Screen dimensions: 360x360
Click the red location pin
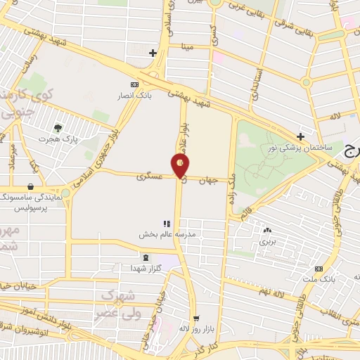click(181, 166)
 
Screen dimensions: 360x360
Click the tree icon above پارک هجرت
click(58, 127)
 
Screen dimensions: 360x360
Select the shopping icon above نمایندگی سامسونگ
click(31, 187)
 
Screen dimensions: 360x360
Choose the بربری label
click(267, 240)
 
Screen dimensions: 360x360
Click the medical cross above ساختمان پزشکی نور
click(300, 136)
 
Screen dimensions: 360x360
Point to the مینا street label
click(187, 47)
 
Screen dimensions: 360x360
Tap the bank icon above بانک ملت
click(319, 269)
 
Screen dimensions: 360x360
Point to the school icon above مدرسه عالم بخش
click(167, 224)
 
